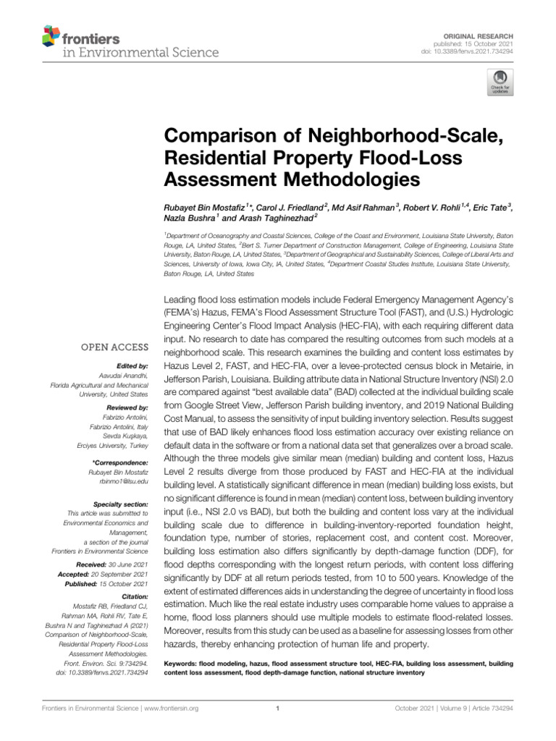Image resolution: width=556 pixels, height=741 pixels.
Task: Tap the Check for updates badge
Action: coord(499,82)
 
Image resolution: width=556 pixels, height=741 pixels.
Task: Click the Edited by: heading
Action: coord(132,366)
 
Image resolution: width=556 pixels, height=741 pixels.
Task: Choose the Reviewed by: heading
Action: coord(126,408)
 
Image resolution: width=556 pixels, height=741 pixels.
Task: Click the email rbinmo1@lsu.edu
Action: coord(120,480)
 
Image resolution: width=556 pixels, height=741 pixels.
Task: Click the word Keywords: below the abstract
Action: coord(183,663)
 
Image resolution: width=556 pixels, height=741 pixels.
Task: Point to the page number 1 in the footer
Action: coord(278,709)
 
